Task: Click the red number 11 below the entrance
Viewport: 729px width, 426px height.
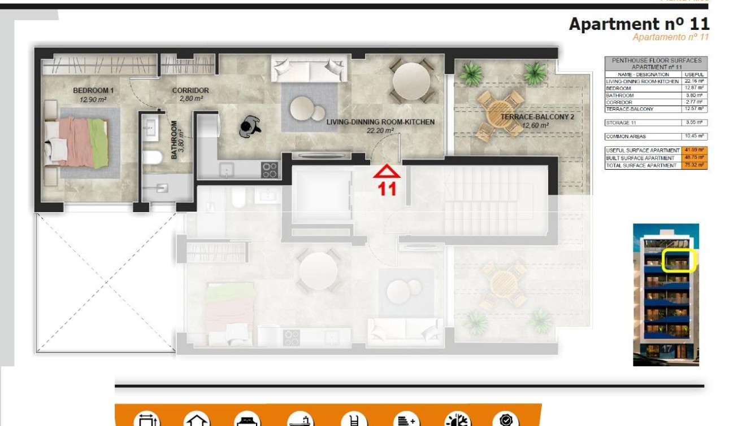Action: pyautogui.click(x=387, y=189)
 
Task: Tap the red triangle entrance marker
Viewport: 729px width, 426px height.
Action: pyautogui.click(x=387, y=172)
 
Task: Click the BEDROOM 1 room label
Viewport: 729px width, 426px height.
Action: pyautogui.click(x=93, y=90)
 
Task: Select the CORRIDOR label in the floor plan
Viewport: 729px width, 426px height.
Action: pyautogui.click(x=190, y=90)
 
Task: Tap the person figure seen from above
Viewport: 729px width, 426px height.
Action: pyautogui.click(x=249, y=126)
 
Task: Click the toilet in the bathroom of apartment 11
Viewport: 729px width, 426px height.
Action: pyautogui.click(x=151, y=157)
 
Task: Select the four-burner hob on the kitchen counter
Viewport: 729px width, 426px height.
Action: pyautogui.click(x=270, y=169)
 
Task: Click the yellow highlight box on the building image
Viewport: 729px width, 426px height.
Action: pyautogui.click(x=679, y=261)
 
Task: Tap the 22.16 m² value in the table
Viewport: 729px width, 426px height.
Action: pyautogui.click(x=694, y=81)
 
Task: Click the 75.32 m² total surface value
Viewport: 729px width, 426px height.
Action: pyautogui.click(x=694, y=165)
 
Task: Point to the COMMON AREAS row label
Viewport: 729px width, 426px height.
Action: pyautogui.click(x=626, y=137)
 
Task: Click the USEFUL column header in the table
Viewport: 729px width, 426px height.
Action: pyautogui.click(x=694, y=74)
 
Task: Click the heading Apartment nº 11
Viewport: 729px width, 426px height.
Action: pyautogui.click(x=639, y=24)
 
